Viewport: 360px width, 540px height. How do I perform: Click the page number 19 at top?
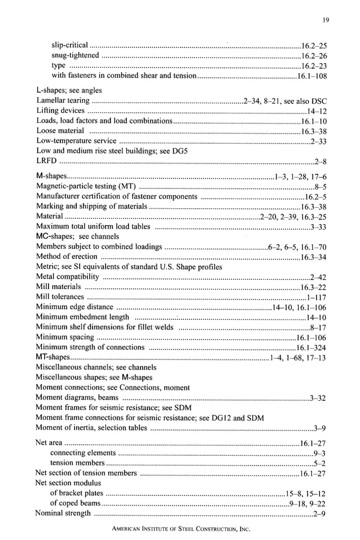click(x=326, y=20)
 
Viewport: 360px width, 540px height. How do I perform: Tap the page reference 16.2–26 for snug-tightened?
click(x=314, y=55)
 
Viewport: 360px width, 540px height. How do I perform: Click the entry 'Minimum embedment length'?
click(x=82, y=318)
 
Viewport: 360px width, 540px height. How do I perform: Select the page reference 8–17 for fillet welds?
click(x=318, y=328)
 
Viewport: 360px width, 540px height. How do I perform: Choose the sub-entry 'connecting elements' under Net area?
click(x=83, y=453)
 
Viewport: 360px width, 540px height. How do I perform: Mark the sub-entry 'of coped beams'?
click(x=76, y=503)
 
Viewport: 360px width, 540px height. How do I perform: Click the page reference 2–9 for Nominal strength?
click(x=320, y=513)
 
